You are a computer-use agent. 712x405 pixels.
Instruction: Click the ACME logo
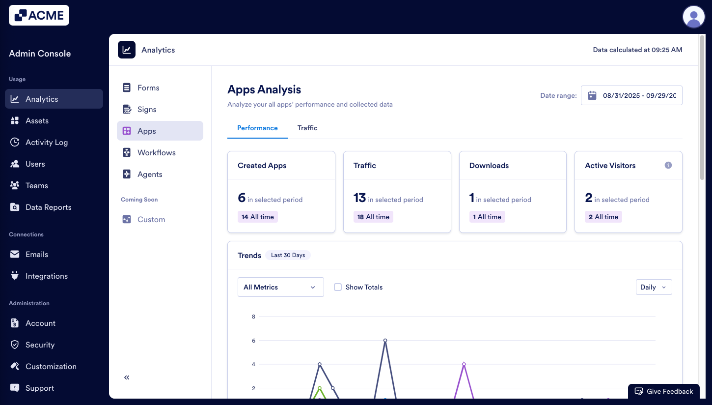pyautogui.click(x=39, y=15)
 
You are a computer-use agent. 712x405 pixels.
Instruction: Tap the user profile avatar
pyautogui.click(x=693, y=17)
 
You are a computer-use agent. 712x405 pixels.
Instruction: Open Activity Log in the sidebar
pyautogui.click(x=47, y=143)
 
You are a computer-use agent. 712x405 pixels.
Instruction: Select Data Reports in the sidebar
pyautogui.click(x=48, y=207)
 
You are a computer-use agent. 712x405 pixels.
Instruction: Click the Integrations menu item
pyautogui.click(x=47, y=276)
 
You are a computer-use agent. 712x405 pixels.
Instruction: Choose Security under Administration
pyautogui.click(x=40, y=345)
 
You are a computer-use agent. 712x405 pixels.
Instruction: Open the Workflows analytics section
pyautogui.click(x=156, y=153)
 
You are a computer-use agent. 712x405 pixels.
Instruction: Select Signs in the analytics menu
pyautogui.click(x=147, y=110)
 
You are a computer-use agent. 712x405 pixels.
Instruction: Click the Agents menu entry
pyautogui.click(x=150, y=174)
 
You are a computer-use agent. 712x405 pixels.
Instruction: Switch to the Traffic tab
pyautogui.click(x=307, y=128)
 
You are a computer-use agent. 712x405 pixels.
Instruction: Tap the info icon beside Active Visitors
pyautogui.click(x=668, y=165)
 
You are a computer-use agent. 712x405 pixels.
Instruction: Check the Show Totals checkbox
pyautogui.click(x=338, y=287)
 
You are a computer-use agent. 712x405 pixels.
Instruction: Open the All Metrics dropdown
pyautogui.click(x=280, y=287)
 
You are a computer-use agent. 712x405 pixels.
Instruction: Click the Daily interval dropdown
pyautogui.click(x=654, y=287)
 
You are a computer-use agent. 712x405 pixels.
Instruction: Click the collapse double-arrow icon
pyautogui.click(x=127, y=377)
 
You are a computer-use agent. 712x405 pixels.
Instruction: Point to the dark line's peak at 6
pyautogui.click(x=385, y=340)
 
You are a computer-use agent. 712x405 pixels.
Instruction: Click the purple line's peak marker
pyautogui.click(x=464, y=364)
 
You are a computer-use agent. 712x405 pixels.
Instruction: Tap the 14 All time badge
pyautogui.click(x=258, y=217)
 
